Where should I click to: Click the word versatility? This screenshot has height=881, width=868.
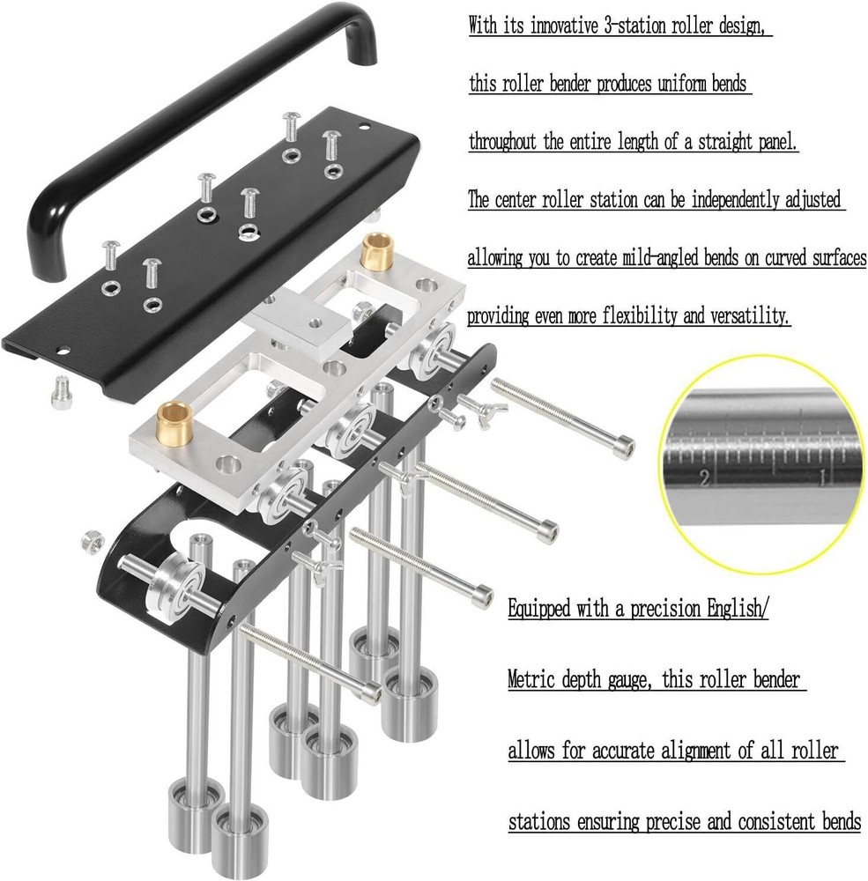click(x=747, y=315)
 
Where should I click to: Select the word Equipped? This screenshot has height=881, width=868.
click(x=538, y=608)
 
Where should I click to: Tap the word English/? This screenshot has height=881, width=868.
click(x=738, y=608)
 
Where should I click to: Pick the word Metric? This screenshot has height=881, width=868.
click(x=531, y=679)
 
